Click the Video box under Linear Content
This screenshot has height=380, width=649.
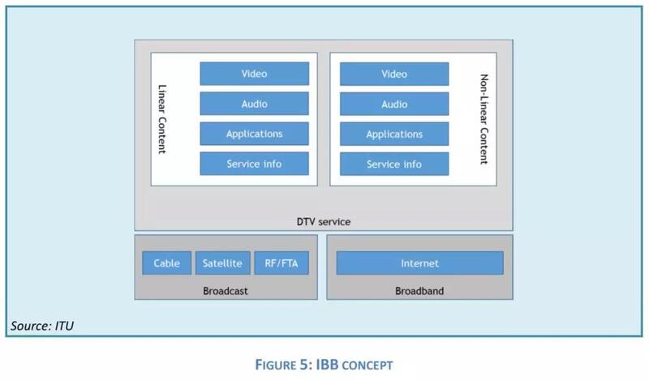point(254,74)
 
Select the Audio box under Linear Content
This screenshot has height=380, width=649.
point(254,104)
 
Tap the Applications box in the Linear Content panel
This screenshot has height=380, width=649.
point(254,134)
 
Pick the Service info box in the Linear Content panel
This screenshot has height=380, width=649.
point(254,164)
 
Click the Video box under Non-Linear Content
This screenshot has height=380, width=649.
point(394,74)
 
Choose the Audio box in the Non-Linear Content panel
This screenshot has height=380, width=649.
point(394,104)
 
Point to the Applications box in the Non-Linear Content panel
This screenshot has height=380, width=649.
point(394,134)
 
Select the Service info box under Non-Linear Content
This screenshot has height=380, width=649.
point(394,164)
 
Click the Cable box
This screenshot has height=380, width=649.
point(167,263)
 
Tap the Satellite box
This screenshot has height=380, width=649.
point(221,263)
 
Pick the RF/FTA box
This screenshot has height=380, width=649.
point(281,263)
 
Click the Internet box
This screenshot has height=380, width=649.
point(419,263)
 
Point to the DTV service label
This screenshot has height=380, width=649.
point(323,220)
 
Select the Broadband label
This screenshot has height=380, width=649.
point(420,290)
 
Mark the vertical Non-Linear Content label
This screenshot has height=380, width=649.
point(485,119)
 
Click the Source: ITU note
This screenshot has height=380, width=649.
point(42,327)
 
